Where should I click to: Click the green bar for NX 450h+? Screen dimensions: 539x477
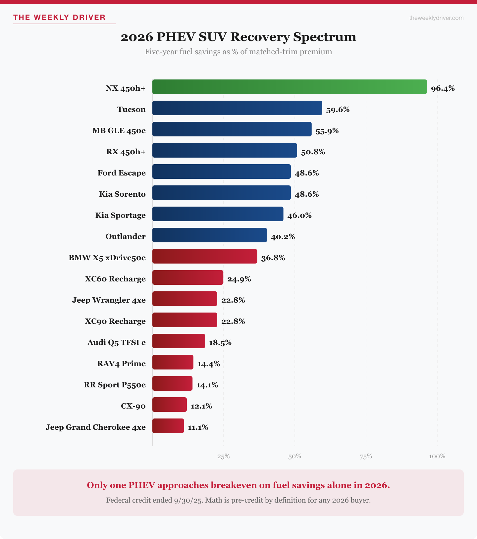click(x=290, y=87)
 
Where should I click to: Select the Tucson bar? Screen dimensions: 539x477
click(x=237, y=108)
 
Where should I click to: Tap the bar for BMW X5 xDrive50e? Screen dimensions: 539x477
click(x=205, y=256)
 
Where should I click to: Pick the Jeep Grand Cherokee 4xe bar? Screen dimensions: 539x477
click(x=168, y=426)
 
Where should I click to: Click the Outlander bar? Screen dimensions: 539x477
click(x=209, y=235)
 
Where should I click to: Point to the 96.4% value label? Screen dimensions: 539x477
click(x=443, y=88)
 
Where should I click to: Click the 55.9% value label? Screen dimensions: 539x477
click(x=327, y=131)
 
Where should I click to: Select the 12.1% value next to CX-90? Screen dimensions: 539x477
click(x=201, y=406)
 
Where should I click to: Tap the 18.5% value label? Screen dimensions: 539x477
click(x=220, y=343)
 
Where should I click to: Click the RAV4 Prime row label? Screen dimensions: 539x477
click(x=121, y=364)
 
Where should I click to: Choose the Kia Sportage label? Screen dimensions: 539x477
click(x=120, y=215)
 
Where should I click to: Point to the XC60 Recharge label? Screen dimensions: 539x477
click(x=115, y=279)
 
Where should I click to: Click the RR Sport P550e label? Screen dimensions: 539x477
click(x=115, y=385)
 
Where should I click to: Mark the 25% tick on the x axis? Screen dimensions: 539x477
click(x=224, y=456)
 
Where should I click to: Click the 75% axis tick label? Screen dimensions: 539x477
click(x=366, y=456)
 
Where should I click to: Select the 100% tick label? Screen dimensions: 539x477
click(x=437, y=456)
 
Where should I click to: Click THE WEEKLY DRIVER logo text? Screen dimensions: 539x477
click(x=59, y=17)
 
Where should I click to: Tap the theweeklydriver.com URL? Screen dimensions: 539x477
click(x=436, y=18)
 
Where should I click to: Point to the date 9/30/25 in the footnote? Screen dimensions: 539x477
click(x=188, y=500)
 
